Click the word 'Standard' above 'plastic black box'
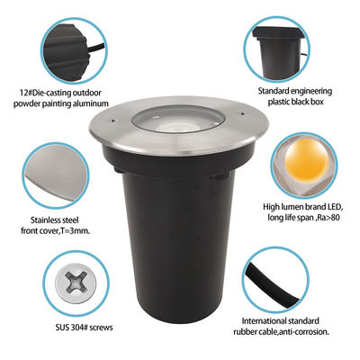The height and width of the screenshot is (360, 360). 276,91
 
